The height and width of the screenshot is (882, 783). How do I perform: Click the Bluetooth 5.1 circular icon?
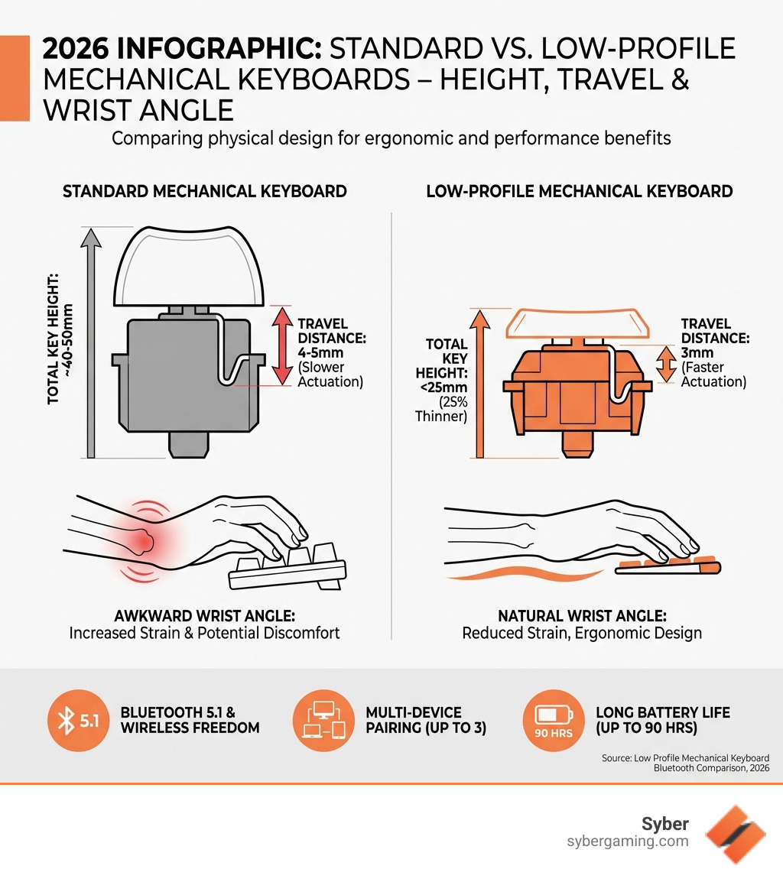pyautogui.click(x=74, y=720)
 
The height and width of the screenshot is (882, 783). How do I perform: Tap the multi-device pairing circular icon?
pyautogui.click(x=320, y=720)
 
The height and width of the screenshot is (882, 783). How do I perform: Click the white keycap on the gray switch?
pyautogui.click(x=188, y=268)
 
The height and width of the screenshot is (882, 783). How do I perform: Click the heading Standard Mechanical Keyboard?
pyautogui.click(x=204, y=191)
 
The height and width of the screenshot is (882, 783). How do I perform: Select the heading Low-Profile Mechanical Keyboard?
pyautogui.click(x=580, y=191)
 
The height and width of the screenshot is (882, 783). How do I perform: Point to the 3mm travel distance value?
pyautogui.click(x=697, y=353)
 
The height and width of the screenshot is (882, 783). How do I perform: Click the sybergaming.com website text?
pyautogui.click(x=628, y=841)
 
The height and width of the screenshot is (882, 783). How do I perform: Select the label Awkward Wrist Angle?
pyautogui.click(x=203, y=615)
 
